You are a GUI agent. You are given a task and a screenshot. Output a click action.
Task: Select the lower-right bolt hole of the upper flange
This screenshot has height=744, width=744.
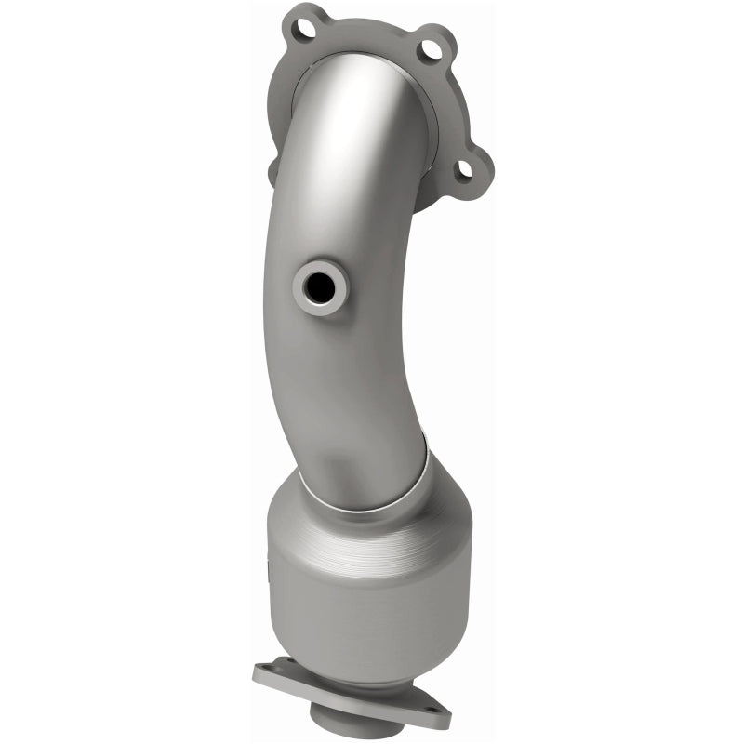tap(462, 169)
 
